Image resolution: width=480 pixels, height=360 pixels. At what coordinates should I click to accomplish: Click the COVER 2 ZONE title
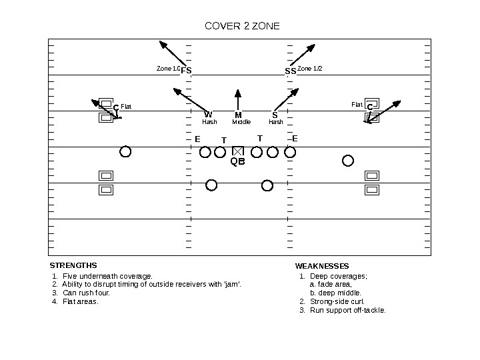pos(242,27)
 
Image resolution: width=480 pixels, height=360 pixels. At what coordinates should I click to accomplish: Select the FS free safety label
pos(186,70)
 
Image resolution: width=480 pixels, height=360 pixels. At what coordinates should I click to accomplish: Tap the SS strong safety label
pos(290,70)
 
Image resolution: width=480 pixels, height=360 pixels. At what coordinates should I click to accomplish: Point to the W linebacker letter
pos(208,115)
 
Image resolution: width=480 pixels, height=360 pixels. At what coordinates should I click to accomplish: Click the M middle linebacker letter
pos(238,115)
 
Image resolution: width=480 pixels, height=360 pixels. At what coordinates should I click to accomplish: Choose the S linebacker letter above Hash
pos(275,115)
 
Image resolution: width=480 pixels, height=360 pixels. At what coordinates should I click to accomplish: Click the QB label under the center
pos(238,161)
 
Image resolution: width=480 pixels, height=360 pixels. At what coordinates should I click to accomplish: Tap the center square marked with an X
pos(238,152)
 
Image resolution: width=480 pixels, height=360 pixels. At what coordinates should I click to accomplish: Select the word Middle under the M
pos(241,122)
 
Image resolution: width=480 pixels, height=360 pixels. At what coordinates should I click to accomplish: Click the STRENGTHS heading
pos(73,265)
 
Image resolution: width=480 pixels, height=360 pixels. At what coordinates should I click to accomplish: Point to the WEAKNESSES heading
pos(322,266)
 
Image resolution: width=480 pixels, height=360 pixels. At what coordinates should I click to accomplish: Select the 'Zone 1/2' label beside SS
pos(309,69)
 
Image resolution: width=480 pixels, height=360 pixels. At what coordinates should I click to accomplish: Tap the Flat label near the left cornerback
pos(126,107)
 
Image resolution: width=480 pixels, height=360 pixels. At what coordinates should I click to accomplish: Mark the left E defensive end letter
pos(197,139)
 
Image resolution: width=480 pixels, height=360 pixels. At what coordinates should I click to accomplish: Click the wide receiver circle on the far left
pos(125,152)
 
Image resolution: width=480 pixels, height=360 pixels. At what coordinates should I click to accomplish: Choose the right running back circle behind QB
pos(267,185)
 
